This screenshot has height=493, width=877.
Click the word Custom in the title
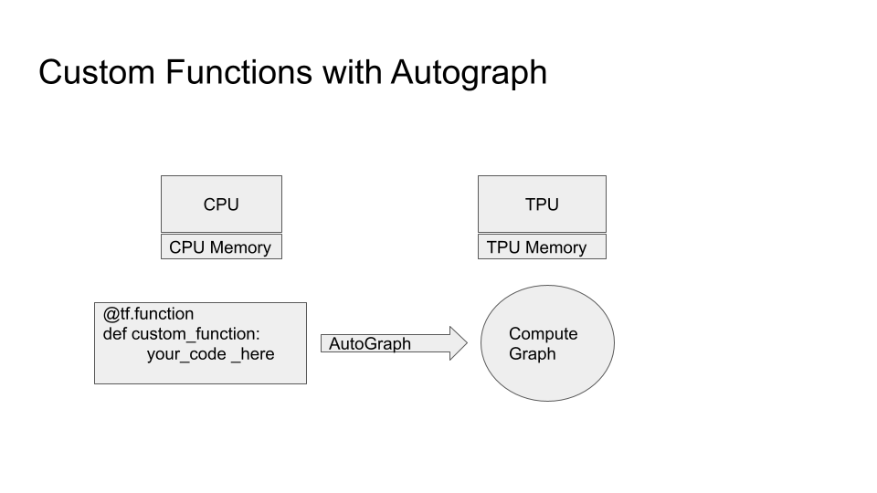[x=97, y=73]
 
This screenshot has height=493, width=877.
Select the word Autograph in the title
[x=469, y=74]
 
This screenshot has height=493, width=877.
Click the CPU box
[x=221, y=204]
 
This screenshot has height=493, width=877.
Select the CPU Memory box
[x=221, y=246]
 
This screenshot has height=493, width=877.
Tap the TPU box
[x=542, y=204]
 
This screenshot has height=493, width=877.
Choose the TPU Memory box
[x=542, y=246]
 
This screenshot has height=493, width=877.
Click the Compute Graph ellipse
[x=547, y=343]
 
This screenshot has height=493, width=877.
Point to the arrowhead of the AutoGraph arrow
[x=468, y=343]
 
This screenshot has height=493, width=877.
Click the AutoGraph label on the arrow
[x=370, y=344]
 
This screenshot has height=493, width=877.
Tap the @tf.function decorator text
[x=148, y=313]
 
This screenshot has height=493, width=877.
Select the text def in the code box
[x=115, y=334]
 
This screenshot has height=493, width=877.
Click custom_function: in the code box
[x=195, y=334]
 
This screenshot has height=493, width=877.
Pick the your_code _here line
[x=211, y=354]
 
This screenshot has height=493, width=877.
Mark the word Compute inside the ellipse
[x=543, y=334]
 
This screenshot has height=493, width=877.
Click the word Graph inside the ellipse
[x=533, y=354]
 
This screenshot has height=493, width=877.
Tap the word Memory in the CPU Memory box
[x=240, y=247]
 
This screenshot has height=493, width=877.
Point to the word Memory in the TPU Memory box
[x=556, y=247]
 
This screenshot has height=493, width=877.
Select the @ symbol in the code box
[x=111, y=314]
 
